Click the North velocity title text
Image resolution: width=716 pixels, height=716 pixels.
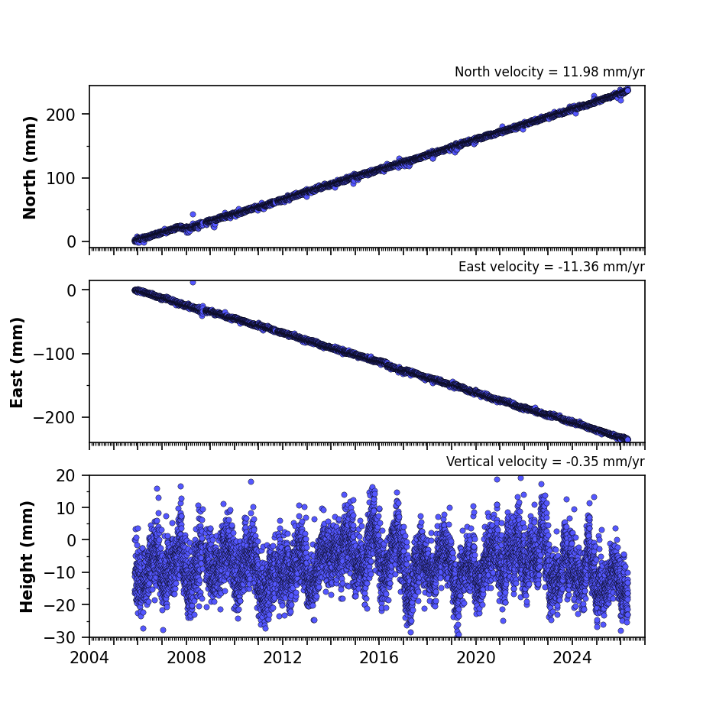pos(549,72)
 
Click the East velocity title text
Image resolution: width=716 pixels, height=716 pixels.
pos(551,267)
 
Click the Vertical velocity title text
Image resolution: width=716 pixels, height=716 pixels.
pos(546,462)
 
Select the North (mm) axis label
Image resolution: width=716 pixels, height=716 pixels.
pos(29,167)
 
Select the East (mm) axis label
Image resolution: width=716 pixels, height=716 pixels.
pos(17,362)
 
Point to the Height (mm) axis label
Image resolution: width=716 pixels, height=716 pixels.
pos(27,556)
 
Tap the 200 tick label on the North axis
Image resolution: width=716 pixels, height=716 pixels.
pos(60,115)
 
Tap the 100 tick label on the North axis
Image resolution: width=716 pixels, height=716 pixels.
pos(60,178)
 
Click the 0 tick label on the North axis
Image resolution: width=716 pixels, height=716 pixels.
pos(71,241)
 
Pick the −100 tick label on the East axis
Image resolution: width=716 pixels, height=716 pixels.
pos(54,354)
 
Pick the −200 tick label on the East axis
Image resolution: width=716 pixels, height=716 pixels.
pos(54,417)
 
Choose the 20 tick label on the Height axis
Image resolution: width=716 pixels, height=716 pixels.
pos(65,476)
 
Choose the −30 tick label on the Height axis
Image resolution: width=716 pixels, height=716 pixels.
pos(60,637)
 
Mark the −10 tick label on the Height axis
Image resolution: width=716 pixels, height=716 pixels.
pos(60,572)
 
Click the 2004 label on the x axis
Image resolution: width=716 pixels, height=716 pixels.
pos(89,658)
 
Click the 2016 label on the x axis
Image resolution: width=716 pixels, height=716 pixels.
pos(379,658)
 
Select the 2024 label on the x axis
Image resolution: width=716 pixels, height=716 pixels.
pos(572,658)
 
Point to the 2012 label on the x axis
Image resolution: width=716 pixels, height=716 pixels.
pos(283,658)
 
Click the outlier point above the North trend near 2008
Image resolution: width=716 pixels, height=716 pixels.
pos(193,214)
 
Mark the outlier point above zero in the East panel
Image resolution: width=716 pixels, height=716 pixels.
pos(193,282)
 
